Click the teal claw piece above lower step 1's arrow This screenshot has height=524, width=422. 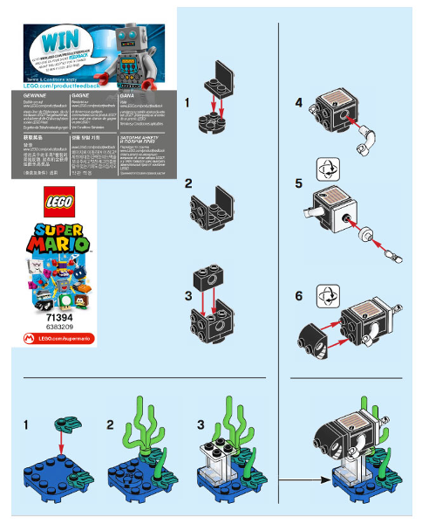click(63, 424)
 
